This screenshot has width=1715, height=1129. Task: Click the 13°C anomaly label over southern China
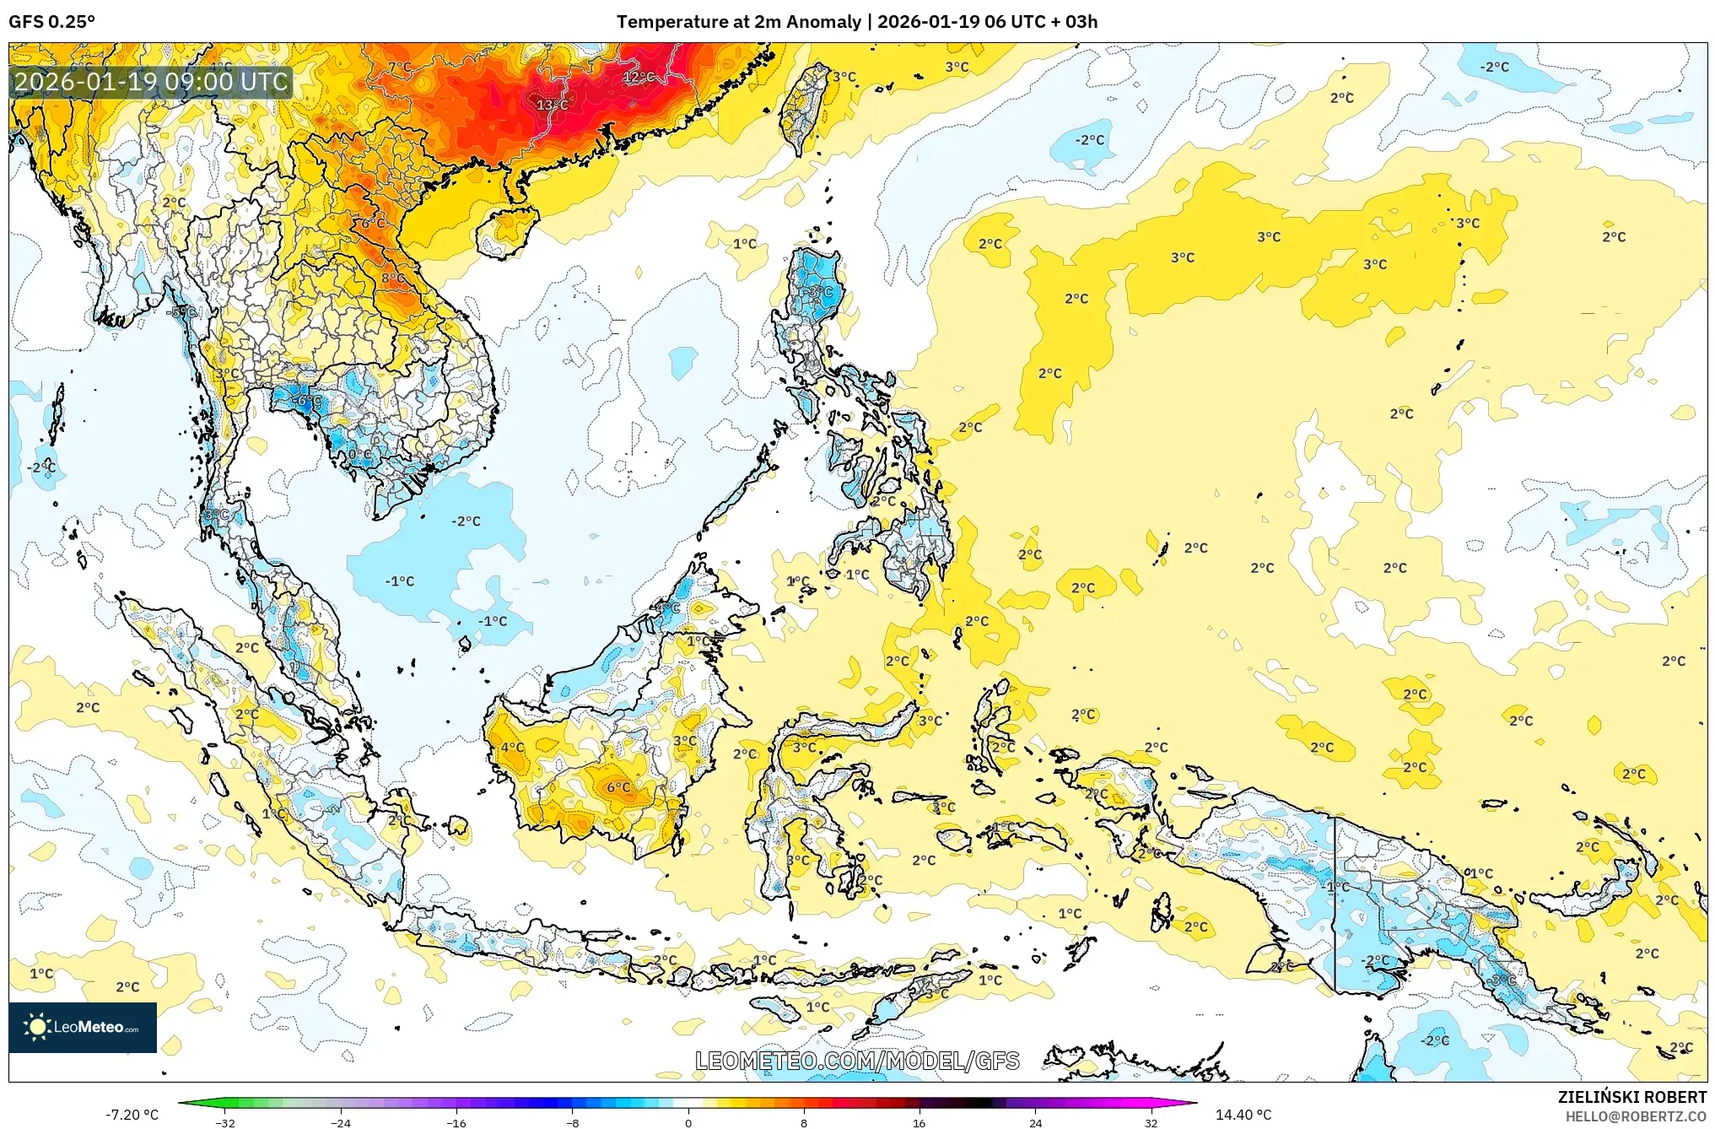pyautogui.click(x=553, y=105)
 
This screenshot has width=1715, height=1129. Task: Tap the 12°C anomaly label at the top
pyautogui.click(x=638, y=77)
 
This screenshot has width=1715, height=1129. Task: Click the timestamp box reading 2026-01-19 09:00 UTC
pyautogui.click(x=152, y=82)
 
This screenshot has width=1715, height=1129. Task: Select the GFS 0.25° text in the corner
pyautogui.click(x=51, y=22)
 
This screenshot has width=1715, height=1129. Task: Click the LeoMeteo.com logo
pyautogui.click(x=83, y=1027)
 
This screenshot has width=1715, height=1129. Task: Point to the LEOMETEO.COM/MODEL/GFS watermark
pyautogui.click(x=857, y=1061)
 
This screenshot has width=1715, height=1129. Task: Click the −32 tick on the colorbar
pyautogui.click(x=225, y=1122)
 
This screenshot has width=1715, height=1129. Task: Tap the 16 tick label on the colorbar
pyautogui.click(x=919, y=1122)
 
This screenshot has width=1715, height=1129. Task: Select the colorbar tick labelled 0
pyautogui.click(x=688, y=1122)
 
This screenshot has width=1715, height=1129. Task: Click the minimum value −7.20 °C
pyautogui.click(x=132, y=1115)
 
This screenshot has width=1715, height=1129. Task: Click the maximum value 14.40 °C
pyautogui.click(x=1243, y=1115)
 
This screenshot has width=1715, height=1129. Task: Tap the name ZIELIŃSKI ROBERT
pyautogui.click(x=1631, y=1097)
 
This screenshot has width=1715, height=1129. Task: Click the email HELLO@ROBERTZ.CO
pyautogui.click(x=1635, y=1116)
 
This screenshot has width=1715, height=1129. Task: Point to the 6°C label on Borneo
pyautogui.click(x=618, y=787)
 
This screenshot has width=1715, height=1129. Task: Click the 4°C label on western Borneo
pyautogui.click(x=512, y=747)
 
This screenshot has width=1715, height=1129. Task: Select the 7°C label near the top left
pyautogui.click(x=400, y=67)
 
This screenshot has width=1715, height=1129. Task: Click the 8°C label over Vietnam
pyautogui.click(x=392, y=278)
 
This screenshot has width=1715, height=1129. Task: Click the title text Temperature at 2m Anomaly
pyautogui.click(x=739, y=22)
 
